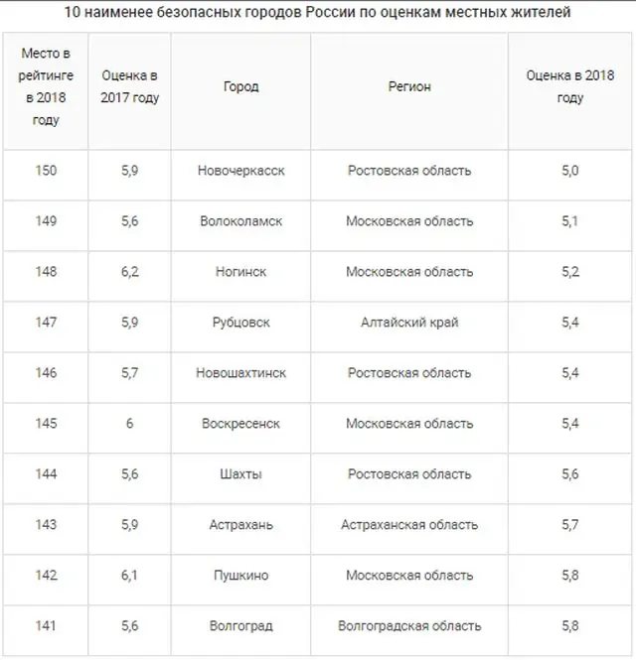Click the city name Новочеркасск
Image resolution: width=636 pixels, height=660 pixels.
[240, 171]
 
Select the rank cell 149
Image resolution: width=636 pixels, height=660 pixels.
[46, 221]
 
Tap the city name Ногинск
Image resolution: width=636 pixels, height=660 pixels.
[240, 272]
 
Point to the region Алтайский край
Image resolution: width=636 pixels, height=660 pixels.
[409, 323]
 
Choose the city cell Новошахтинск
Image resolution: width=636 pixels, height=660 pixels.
[240, 373]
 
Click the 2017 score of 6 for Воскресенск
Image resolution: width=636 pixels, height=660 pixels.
[129, 424]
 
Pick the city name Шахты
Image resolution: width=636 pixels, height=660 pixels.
[240, 474]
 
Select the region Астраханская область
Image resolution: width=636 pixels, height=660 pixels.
[409, 525]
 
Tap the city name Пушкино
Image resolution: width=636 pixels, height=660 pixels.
[240, 576]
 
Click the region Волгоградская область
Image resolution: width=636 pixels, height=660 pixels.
[409, 626]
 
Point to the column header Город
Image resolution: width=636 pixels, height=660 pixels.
[240, 87]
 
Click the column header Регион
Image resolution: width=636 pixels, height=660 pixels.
[409, 87]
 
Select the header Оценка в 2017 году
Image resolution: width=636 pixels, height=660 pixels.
[130, 87]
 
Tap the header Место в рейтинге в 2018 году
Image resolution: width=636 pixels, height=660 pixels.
[46, 87]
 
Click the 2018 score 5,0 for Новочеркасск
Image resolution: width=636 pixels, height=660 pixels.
[569, 171]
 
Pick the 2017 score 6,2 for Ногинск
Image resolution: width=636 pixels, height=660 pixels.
[129, 272]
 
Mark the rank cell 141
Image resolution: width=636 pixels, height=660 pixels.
[46, 626]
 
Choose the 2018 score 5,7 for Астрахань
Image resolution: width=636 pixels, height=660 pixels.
[569, 525]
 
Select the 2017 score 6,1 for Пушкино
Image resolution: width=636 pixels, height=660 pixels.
[129, 576]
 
